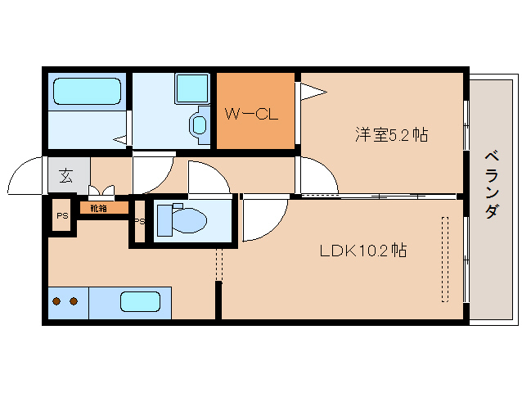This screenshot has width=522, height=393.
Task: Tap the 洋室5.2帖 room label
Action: click(x=391, y=135)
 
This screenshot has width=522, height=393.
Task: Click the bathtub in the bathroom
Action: click(x=87, y=92)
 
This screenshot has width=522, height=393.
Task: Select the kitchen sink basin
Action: click(x=140, y=301)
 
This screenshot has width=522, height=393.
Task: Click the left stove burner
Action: click(x=57, y=301)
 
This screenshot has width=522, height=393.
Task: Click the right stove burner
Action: click(x=74, y=301)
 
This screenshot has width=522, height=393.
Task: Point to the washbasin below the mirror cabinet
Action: click(x=198, y=125)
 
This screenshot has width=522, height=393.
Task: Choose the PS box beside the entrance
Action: click(x=61, y=216)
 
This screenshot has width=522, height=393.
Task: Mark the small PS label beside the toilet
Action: click(x=138, y=222)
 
